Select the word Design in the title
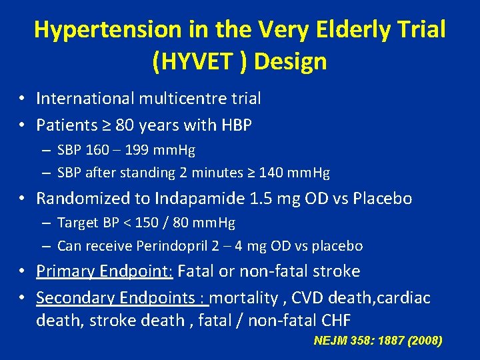(291, 61)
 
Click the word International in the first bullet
(85, 99)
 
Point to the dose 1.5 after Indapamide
(256, 199)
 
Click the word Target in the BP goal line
(77, 223)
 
